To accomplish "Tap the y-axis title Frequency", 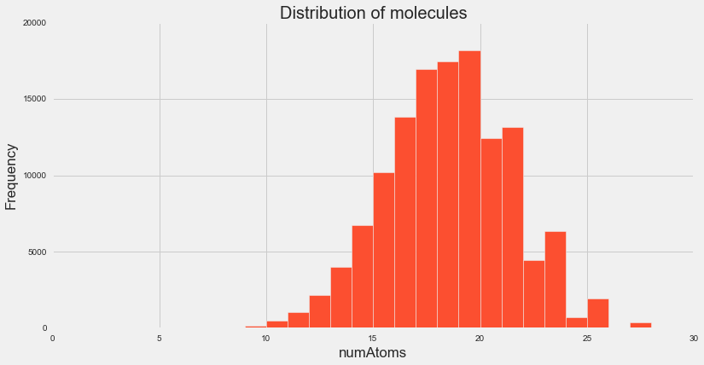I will tap(11, 177).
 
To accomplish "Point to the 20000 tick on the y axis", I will tap(33, 24).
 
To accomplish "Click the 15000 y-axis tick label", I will tap(33, 100).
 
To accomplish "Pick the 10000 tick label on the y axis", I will tap(33, 176).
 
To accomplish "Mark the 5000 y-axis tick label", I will tap(36, 252).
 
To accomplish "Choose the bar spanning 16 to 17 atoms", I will tap(405, 223).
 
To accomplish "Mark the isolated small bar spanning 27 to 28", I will tap(640, 325).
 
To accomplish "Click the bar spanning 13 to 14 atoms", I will tap(341, 298).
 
